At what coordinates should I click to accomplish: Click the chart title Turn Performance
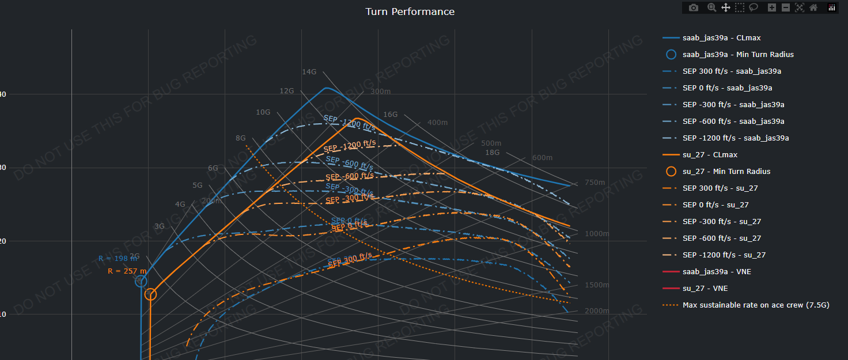[x=410, y=12]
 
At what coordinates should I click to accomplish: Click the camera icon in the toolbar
[x=694, y=7]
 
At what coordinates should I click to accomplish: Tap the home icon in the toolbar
[x=813, y=7]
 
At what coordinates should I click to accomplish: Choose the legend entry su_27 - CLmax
[x=710, y=155]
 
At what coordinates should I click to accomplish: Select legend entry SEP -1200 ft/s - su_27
[x=724, y=255]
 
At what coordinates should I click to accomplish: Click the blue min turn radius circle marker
[x=141, y=281]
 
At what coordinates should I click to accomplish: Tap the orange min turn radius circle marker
[x=150, y=294]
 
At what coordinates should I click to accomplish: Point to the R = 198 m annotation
[x=118, y=259]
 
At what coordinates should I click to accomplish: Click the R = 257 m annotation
[x=127, y=271]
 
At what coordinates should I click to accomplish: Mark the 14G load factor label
[x=309, y=72]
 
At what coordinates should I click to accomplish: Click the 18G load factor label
[x=493, y=153]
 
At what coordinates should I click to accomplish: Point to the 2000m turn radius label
[x=597, y=311]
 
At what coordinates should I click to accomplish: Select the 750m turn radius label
[x=595, y=183]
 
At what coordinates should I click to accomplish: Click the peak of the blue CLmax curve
[x=326, y=88]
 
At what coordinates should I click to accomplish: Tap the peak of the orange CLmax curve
[x=357, y=119]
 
